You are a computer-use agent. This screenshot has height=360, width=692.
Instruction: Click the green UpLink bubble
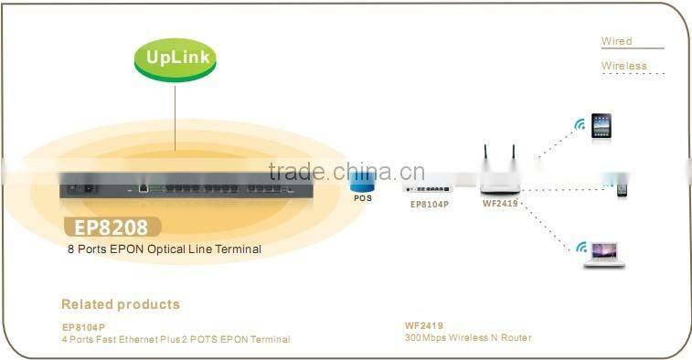(175, 58)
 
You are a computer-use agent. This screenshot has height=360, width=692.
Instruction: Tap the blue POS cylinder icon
(362, 182)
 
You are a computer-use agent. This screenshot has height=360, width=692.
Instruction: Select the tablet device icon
(601, 126)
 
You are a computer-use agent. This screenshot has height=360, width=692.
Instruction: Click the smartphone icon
(622, 188)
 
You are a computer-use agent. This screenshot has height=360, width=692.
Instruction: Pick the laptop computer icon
(604, 254)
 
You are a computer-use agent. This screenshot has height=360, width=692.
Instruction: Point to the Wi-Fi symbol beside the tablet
(579, 124)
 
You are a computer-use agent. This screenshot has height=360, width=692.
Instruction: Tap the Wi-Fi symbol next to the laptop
(580, 247)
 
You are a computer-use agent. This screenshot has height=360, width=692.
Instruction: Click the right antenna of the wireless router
(513, 159)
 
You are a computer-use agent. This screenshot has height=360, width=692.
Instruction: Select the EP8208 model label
(113, 226)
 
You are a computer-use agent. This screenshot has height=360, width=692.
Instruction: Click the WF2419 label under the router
(500, 204)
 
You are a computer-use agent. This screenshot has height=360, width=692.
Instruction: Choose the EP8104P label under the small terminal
(428, 205)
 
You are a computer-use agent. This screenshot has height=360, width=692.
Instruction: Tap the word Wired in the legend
(616, 41)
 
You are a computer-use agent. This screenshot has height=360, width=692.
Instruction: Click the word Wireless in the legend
(623, 66)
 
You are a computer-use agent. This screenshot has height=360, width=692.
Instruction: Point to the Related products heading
(121, 304)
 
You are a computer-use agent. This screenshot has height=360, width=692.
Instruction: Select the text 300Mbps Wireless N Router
(467, 338)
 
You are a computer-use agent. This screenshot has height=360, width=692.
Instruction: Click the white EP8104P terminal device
(428, 189)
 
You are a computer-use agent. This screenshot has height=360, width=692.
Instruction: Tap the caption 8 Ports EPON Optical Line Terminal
(164, 249)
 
